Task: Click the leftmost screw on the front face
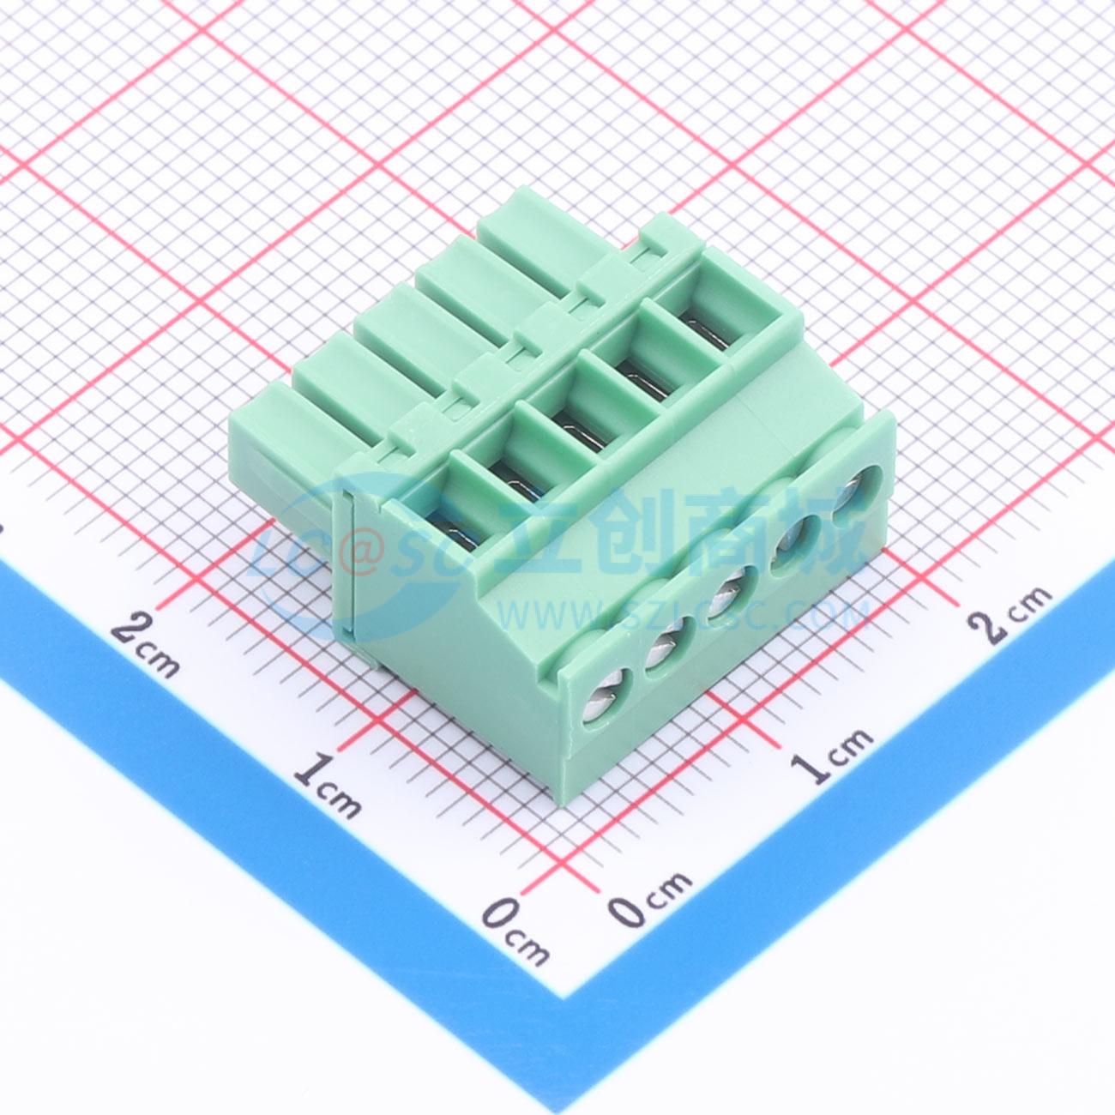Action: (x=606, y=703)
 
